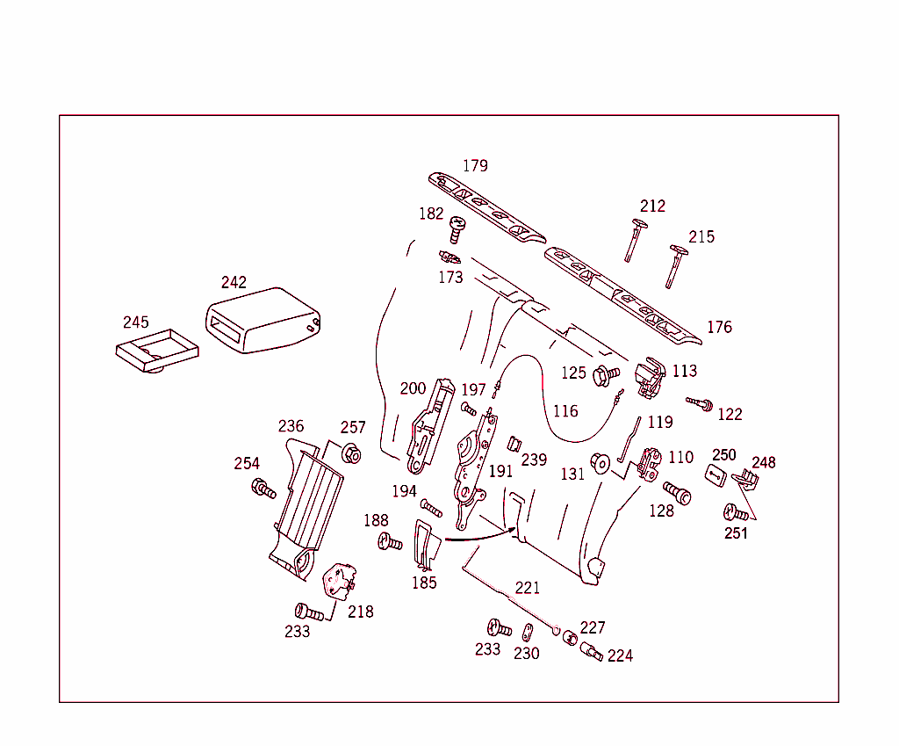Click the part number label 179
coord(475,165)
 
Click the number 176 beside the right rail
coord(719,327)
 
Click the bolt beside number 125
coord(606,375)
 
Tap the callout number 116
coord(565,411)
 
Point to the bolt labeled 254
coord(263,488)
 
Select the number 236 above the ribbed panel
coord(291,426)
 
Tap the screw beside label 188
coord(389,542)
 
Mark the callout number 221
coord(528,589)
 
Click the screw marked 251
coord(736,513)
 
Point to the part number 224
coord(620,655)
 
